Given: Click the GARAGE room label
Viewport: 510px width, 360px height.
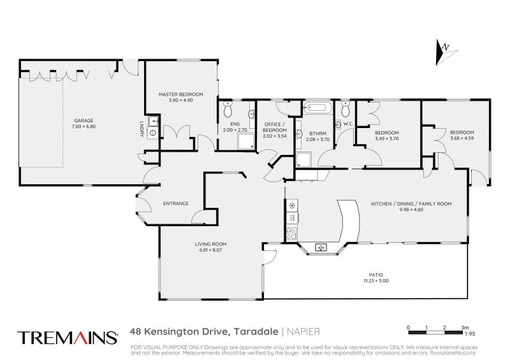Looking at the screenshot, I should [84, 120].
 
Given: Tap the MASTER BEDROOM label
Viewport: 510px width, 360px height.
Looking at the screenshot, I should [180, 95].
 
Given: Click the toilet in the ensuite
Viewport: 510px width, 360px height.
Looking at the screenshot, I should [228, 108].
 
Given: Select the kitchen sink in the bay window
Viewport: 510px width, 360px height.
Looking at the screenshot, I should [322, 247].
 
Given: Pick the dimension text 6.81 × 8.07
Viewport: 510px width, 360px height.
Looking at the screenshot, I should [210, 250].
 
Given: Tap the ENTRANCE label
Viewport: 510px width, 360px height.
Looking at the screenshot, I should [175, 203].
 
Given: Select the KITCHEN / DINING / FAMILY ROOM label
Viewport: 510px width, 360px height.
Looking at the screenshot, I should [411, 203].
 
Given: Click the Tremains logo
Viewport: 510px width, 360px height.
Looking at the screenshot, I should [68, 336].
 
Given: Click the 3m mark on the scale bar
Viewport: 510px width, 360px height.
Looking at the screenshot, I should [465, 327].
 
